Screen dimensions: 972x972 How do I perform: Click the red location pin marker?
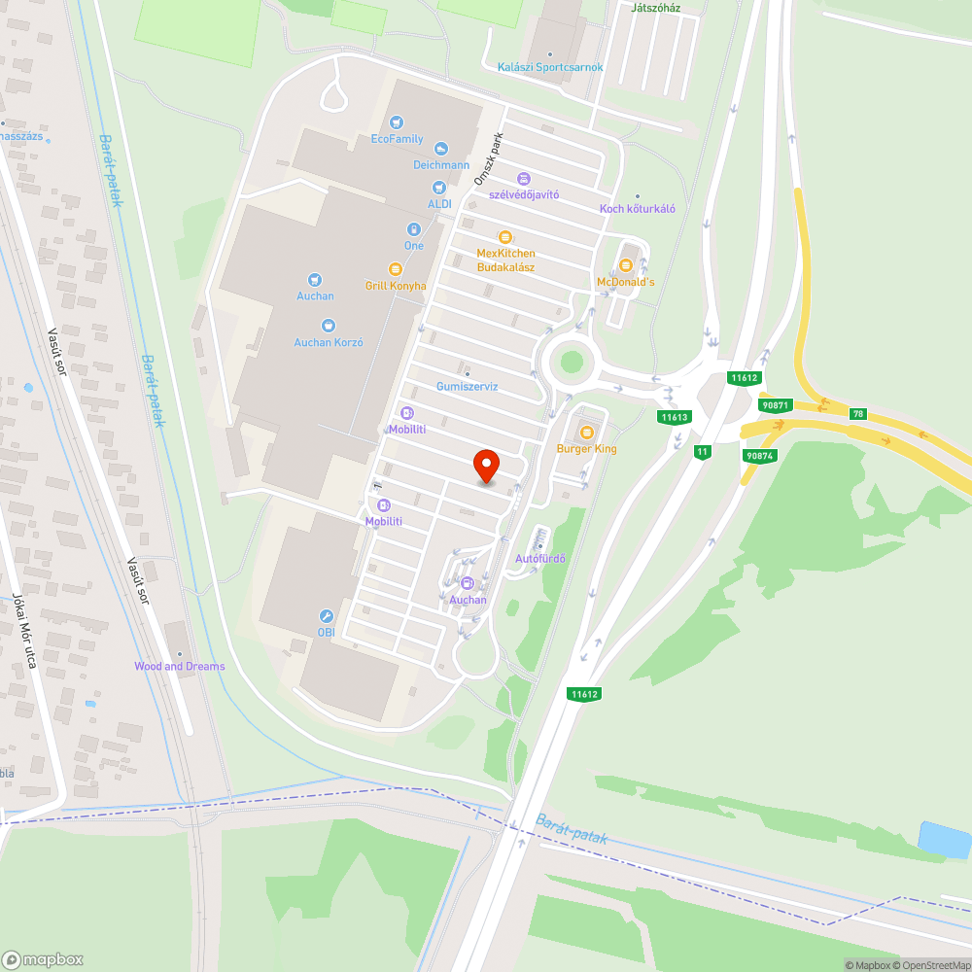pyautogui.click(x=485, y=466)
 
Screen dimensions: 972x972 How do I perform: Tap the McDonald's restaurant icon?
pyautogui.click(x=626, y=263)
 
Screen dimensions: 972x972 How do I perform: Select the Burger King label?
pyautogui.click(x=586, y=448)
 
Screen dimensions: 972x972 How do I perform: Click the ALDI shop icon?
pyautogui.click(x=439, y=186)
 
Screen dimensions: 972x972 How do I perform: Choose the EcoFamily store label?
pyautogui.click(x=398, y=139)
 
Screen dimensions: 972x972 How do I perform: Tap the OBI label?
pyautogui.click(x=327, y=632)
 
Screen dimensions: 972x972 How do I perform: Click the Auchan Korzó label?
pyautogui.click(x=329, y=342)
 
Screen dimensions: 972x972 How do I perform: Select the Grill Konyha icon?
pyautogui.click(x=395, y=268)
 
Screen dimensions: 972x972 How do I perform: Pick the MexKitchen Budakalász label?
pyautogui.click(x=505, y=260)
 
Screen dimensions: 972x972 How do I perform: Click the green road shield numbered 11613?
pyautogui.click(x=674, y=417)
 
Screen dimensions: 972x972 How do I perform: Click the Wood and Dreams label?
pyautogui.click(x=180, y=666)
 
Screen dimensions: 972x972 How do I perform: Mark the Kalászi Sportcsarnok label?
pyautogui.click(x=550, y=67)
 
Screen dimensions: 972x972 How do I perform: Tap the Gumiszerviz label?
pyautogui.click(x=467, y=386)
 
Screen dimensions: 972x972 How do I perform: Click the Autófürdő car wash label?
pyautogui.click(x=540, y=558)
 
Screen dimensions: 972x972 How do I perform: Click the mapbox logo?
pyautogui.click(x=44, y=958)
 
